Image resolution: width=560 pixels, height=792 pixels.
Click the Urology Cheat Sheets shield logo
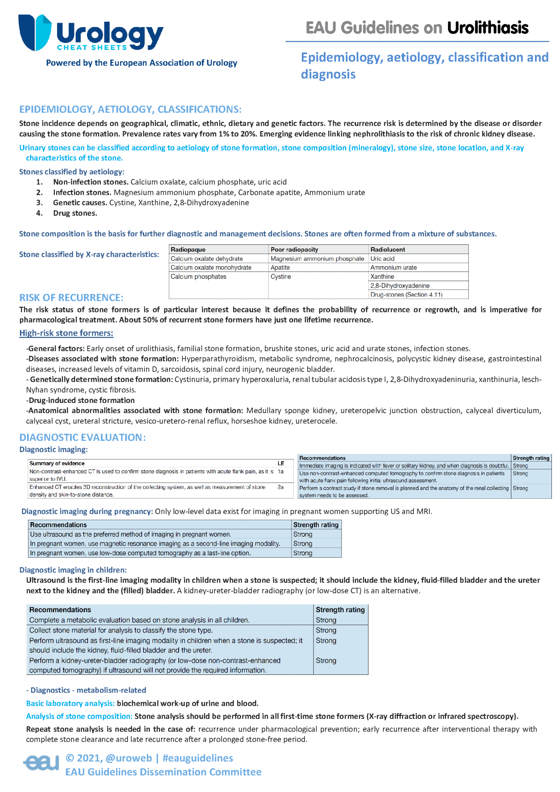point(35,32)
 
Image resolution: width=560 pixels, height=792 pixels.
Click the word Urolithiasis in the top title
point(488,28)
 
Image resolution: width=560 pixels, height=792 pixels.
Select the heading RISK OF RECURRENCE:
point(71,297)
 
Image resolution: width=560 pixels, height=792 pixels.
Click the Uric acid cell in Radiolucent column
point(382,258)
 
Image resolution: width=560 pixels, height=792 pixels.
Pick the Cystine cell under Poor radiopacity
point(281,277)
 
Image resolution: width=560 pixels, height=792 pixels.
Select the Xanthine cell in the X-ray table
point(382,277)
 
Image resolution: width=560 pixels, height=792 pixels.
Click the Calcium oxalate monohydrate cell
point(211,267)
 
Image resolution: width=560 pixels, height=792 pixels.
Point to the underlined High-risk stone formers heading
point(66,333)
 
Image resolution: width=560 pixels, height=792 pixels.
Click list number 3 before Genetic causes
point(39,203)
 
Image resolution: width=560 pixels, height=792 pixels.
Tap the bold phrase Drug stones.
point(75,213)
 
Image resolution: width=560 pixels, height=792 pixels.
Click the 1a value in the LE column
point(281,471)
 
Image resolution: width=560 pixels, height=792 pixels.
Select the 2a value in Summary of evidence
point(281,487)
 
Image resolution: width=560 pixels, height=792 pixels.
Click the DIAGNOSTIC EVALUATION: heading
point(82,437)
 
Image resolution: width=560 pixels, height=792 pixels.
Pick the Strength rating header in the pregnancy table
point(316,525)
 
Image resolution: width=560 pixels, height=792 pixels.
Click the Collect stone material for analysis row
point(121,630)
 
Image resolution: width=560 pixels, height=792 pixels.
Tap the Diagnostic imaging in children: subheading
point(73,570)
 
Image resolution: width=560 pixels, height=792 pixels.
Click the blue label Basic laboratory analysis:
point(70,703)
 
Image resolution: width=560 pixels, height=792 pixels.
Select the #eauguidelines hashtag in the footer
point(197,758)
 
